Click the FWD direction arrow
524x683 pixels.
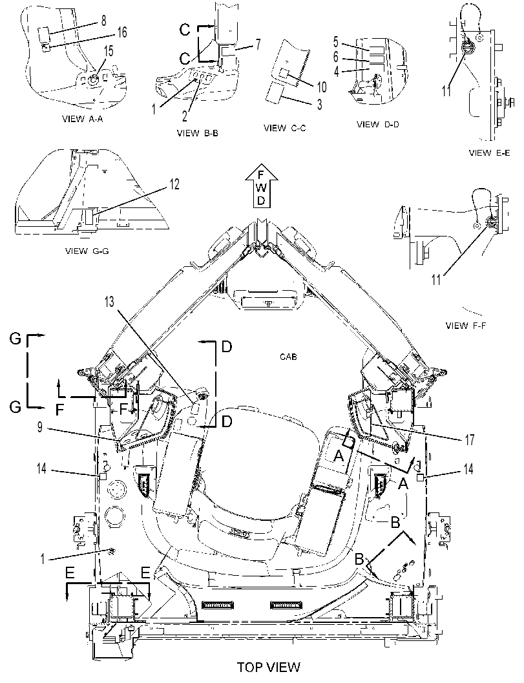(262, 189)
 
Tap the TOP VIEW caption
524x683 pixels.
(269, 667)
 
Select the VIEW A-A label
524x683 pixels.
(83, 118)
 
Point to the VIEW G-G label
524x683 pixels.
(87, 251)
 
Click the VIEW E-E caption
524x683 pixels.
(490, 153)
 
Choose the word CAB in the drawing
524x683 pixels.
(288, 357)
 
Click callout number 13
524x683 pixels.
(109, 301)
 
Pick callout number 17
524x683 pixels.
(470, 439)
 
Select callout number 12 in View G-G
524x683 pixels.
(174, 185)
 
